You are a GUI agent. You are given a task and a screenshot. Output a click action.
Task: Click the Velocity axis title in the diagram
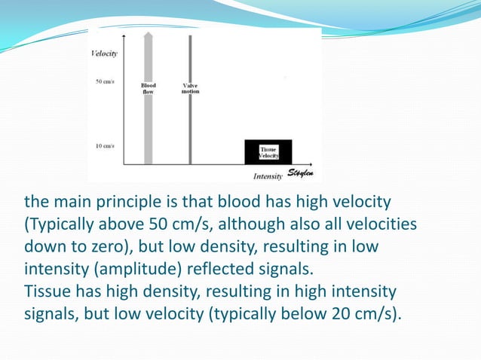click(104, 53)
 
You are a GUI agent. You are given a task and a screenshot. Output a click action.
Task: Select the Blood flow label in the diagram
click(149, 89)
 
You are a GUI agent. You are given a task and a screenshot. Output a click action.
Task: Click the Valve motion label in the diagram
click(190, 89)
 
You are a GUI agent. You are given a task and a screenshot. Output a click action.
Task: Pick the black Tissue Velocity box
click(268, 152)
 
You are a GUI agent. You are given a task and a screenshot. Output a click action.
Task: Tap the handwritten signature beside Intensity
click(301, 175)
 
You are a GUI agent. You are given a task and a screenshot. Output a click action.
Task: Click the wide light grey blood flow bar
click(149, 121)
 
